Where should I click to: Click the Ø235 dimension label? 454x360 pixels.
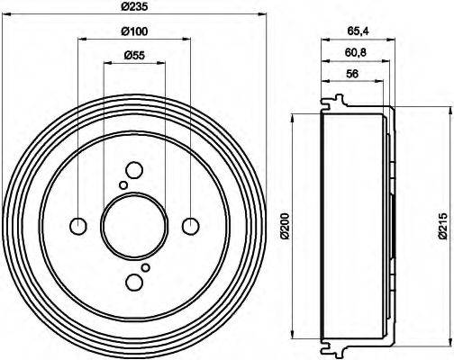click(133, 7)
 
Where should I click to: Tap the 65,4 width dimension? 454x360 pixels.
click(359, 31)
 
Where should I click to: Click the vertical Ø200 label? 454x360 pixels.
click(285, 224)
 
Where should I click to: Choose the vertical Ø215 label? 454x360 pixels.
click(442, 226)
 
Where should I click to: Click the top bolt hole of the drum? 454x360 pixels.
click(134, 169)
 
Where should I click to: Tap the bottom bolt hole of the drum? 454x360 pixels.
click(134, 283)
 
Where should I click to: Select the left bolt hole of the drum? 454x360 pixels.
click(78, 225)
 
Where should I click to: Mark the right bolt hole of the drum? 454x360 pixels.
click(190, 225)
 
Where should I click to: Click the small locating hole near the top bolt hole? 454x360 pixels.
click(123, 184)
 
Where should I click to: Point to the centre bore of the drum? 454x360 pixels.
click(134, 225)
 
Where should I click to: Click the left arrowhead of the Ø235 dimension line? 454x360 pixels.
click(5, 14)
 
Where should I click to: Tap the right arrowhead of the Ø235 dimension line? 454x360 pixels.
click(265, 14)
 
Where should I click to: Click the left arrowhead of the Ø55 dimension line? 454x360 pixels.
click(105, 64)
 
